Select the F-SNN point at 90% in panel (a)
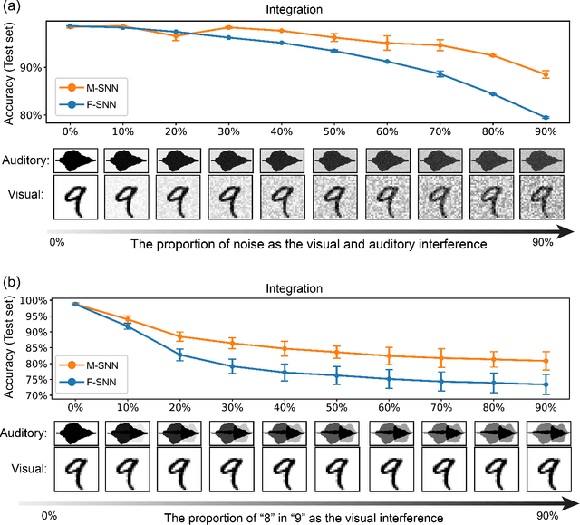click(546, 117)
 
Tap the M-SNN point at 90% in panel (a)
click(546, 74)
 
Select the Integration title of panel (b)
click(311, 288)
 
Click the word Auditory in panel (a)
click(24, 161)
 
